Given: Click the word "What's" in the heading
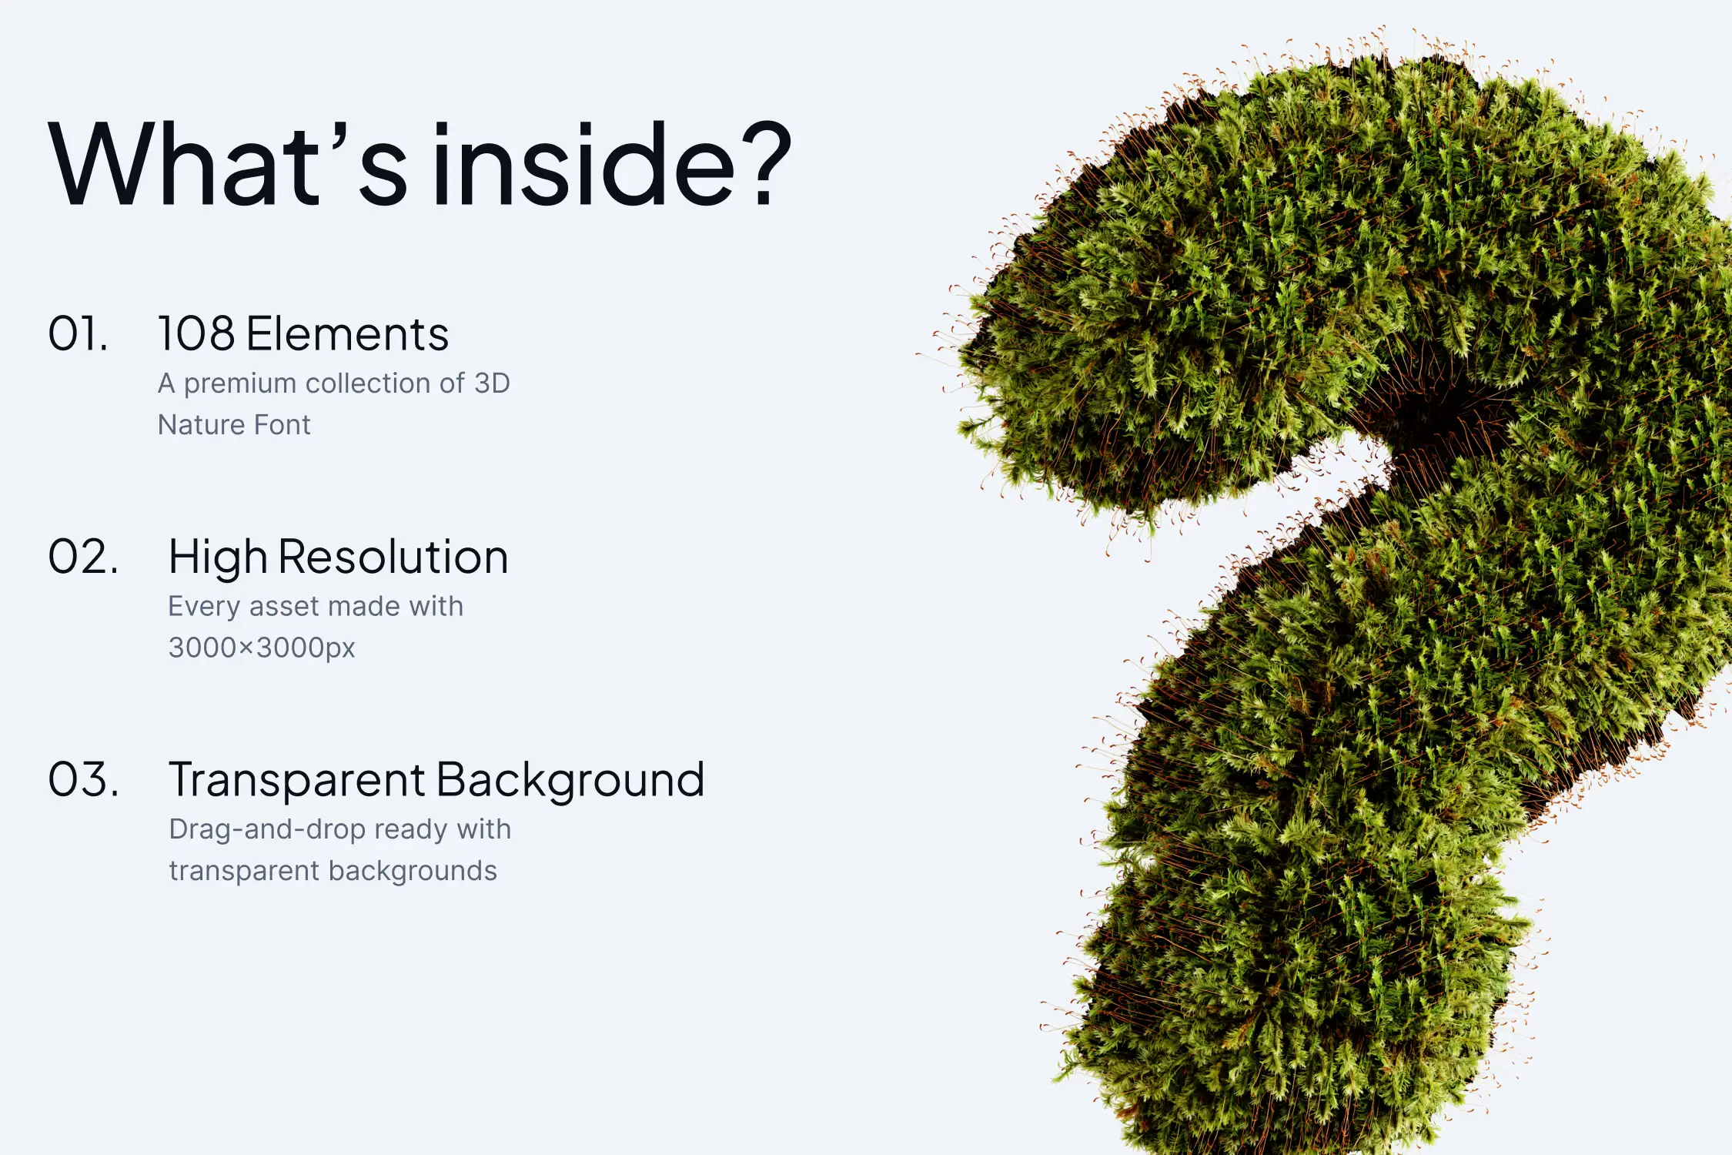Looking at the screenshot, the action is pos(228,165).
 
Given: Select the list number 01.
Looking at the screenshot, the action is pos(78,334).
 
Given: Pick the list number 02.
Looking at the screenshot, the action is pos(83,557).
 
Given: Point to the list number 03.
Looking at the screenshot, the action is pos(83,779).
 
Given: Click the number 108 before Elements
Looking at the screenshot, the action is pos(196,334).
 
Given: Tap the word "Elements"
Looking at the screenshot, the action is pos(348,334).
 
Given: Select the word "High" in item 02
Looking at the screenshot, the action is pos(218,558).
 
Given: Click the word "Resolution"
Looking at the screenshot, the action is pos(393,557).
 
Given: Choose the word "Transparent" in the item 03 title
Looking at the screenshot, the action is pos(297,781).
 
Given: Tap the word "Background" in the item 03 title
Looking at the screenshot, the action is pos(570,781).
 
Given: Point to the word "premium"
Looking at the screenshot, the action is pos(240,384).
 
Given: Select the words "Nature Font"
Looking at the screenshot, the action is pos(234,425).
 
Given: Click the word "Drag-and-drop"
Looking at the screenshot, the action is pos(267,830).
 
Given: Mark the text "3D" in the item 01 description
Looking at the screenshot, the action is pos(492,383).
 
